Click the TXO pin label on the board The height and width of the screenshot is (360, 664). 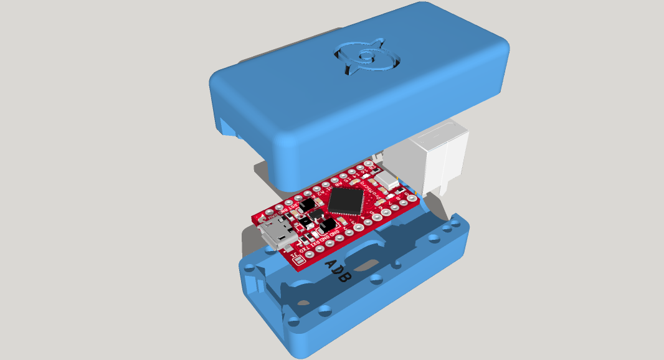[303, 250]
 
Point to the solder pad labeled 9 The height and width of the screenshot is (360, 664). [412, 198]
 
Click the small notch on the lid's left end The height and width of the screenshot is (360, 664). [230, 128]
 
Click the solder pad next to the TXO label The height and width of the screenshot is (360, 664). [310, 254]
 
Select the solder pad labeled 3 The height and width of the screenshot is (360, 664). [359, 227]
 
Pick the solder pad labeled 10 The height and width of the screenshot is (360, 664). [368, 163]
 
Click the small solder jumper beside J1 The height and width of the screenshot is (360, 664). [299, 260]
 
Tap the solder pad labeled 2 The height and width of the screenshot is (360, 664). [349, 232]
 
